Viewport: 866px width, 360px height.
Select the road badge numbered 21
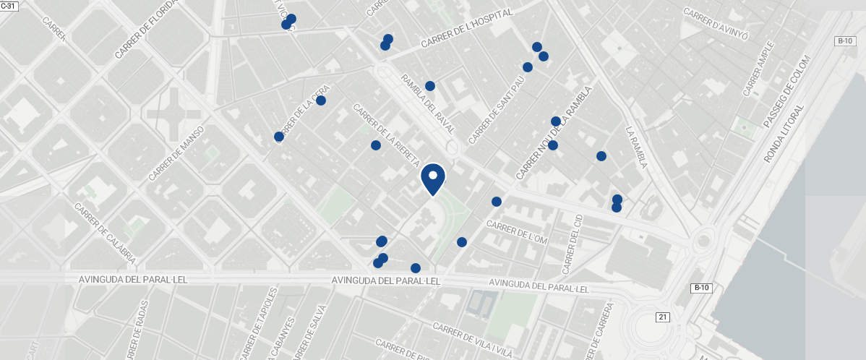pyautogui.click(x=663, y=317)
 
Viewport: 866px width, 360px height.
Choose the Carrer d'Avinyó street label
pyautogui.click(x=715, y=23)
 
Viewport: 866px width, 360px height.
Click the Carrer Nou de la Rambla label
pyautogui.click(x=554, y=134)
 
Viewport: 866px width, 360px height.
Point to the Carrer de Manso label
pyautogui.click(x=177, y=153)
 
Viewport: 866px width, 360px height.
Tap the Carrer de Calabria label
pyautogui.click(x=105, y=232)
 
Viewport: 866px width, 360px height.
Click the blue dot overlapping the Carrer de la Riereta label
pyautogui.click(x=376, y=145)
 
